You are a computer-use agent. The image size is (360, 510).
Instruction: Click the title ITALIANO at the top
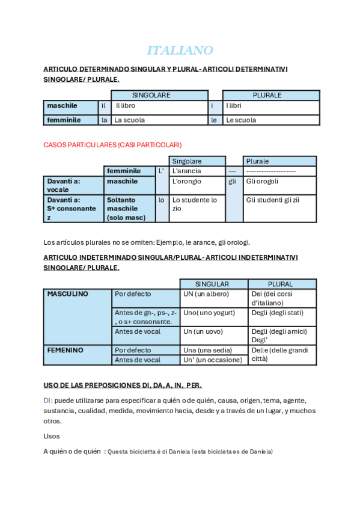click(180, 50)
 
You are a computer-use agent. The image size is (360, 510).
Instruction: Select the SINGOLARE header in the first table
click(151, 95)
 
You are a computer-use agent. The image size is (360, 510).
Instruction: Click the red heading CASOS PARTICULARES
click(112, 145)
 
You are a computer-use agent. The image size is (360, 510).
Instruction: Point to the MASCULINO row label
click(67, 294)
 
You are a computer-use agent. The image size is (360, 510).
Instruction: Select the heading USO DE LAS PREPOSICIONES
click(123, 385)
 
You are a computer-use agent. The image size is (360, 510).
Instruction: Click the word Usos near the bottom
click(52, 436)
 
